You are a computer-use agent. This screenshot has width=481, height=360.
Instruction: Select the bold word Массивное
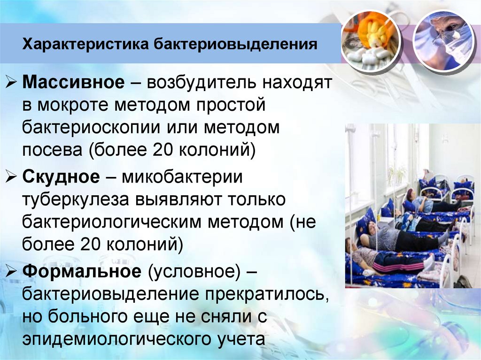tap(74, 83)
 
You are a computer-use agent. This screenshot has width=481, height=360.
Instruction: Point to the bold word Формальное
tap(81, 271)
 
